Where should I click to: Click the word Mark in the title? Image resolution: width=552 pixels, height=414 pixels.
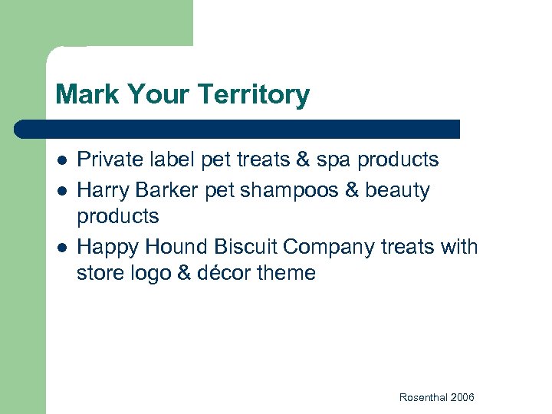pos(83,95)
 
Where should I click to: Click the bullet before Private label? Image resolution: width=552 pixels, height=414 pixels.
pos(61,160)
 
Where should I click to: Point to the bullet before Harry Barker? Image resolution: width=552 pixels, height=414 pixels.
pos(61,189)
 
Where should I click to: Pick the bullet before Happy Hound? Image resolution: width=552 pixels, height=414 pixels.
pos(61,247)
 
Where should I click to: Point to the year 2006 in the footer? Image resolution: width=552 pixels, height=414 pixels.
pos(463,397)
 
